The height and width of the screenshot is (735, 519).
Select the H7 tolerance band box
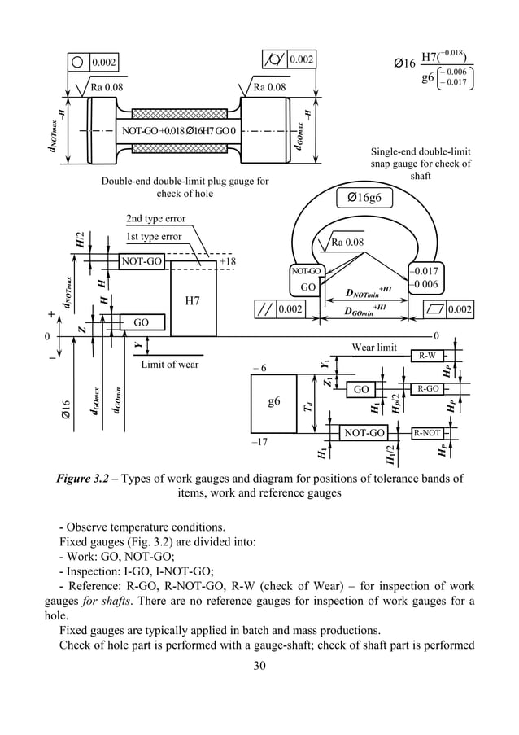point(193,302)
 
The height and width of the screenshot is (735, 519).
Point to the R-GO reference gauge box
point(428,389)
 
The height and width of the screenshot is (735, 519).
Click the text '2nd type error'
point(156,219)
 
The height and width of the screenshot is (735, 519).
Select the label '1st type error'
point(154,237)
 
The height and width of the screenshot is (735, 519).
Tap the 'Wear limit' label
point(373,348)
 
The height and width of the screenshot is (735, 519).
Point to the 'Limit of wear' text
point(169,364)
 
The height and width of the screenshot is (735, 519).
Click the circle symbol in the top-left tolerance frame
point(78,62)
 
